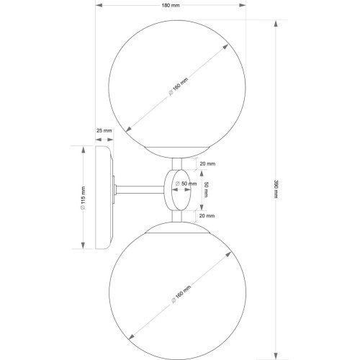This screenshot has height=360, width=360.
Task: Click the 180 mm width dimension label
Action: click(171, 5)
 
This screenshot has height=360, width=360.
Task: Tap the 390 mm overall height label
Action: click(276, 189)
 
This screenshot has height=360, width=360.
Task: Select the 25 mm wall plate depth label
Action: click(104, 130)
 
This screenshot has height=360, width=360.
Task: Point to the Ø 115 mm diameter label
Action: click(83, 197)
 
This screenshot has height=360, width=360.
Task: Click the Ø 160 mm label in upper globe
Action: click(179, 86)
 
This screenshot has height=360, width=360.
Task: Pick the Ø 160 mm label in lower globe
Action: click(181, 294)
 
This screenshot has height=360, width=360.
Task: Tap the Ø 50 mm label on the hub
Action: click(186, 184)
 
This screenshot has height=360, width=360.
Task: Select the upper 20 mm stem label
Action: click(207, 163)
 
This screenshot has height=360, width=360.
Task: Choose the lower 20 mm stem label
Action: click(207, 215)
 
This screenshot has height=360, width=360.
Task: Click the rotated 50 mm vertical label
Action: click(206, 189)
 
